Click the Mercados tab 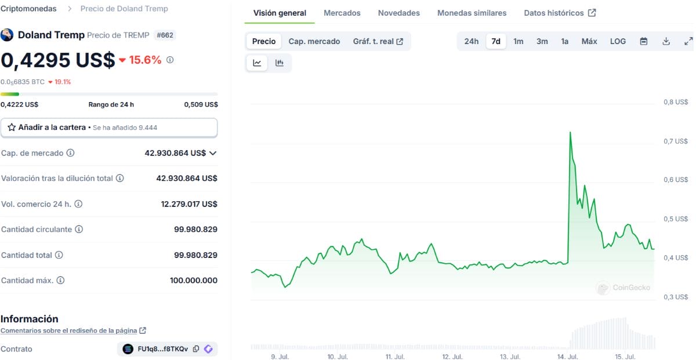point(342,13)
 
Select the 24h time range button point(471,41)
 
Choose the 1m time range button point(518,41)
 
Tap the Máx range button point(589,41)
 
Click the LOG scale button point(618,41)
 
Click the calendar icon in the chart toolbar point(643,41)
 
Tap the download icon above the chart point(666,41)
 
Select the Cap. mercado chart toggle point(314,41)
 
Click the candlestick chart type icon point(280,63)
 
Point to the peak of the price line point(570,132)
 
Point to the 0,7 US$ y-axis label point(676,141)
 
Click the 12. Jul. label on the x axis point(452,357)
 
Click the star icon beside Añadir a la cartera point(12,128)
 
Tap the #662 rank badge point(165,35)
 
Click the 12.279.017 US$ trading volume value point(189,204)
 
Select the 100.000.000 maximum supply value point(193,281)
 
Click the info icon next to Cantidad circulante point(79,229)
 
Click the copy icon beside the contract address point(196,349)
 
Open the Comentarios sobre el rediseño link point(68,330)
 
